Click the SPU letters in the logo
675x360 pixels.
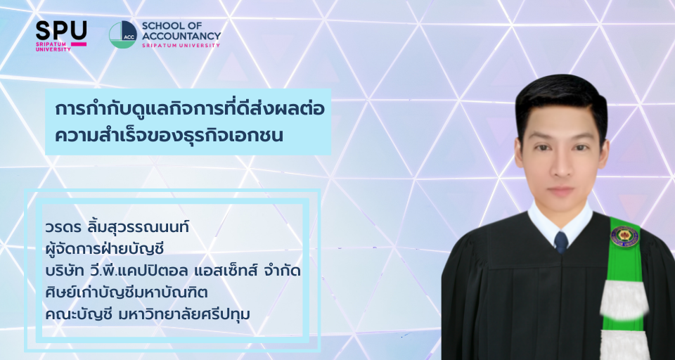click(x=61, y=30)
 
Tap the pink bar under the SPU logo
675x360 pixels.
click(x=78, y=44)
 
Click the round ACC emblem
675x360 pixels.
click(x=122, y=34)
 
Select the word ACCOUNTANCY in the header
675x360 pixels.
click(x=181, y=36)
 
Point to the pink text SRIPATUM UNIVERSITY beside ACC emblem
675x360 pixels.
click(x=181, y=45)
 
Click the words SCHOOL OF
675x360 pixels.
click(x=166, y=25)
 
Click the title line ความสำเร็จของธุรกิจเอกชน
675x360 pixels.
click(x=169, y=135)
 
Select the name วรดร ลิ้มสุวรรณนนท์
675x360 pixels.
click(x=117, y=226)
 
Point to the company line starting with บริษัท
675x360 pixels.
click(x=172, y=271)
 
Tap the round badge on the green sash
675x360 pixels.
click(x=624, y=236)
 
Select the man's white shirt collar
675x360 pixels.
click(x=560, y=223)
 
